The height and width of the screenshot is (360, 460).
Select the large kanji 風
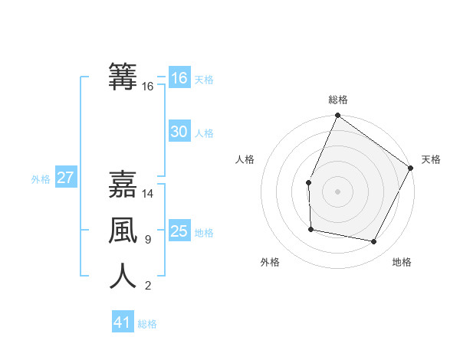click(123, 229)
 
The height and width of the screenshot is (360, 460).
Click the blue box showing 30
click(179, 132)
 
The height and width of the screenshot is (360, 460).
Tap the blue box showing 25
click(179, 231)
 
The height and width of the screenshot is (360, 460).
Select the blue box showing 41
click(123, 322)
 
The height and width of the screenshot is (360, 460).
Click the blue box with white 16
click(179, 78)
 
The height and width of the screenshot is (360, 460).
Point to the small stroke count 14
click(148, 195)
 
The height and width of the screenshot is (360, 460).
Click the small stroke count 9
click(148, 240)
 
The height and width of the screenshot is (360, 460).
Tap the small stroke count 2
click(148, 286)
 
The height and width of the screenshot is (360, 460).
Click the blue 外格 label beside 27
click(41, 179)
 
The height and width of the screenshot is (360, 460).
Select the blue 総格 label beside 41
click(147, 324)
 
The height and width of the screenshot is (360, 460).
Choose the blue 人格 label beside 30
click(204, 133)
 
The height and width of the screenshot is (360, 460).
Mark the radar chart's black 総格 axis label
click(337, 100)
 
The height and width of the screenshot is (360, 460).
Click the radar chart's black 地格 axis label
click(402, 263)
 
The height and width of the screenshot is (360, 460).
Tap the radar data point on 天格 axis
click(411, 168)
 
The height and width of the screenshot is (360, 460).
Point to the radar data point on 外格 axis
click(310, 229)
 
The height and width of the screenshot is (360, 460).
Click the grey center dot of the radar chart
click(337, 191)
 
